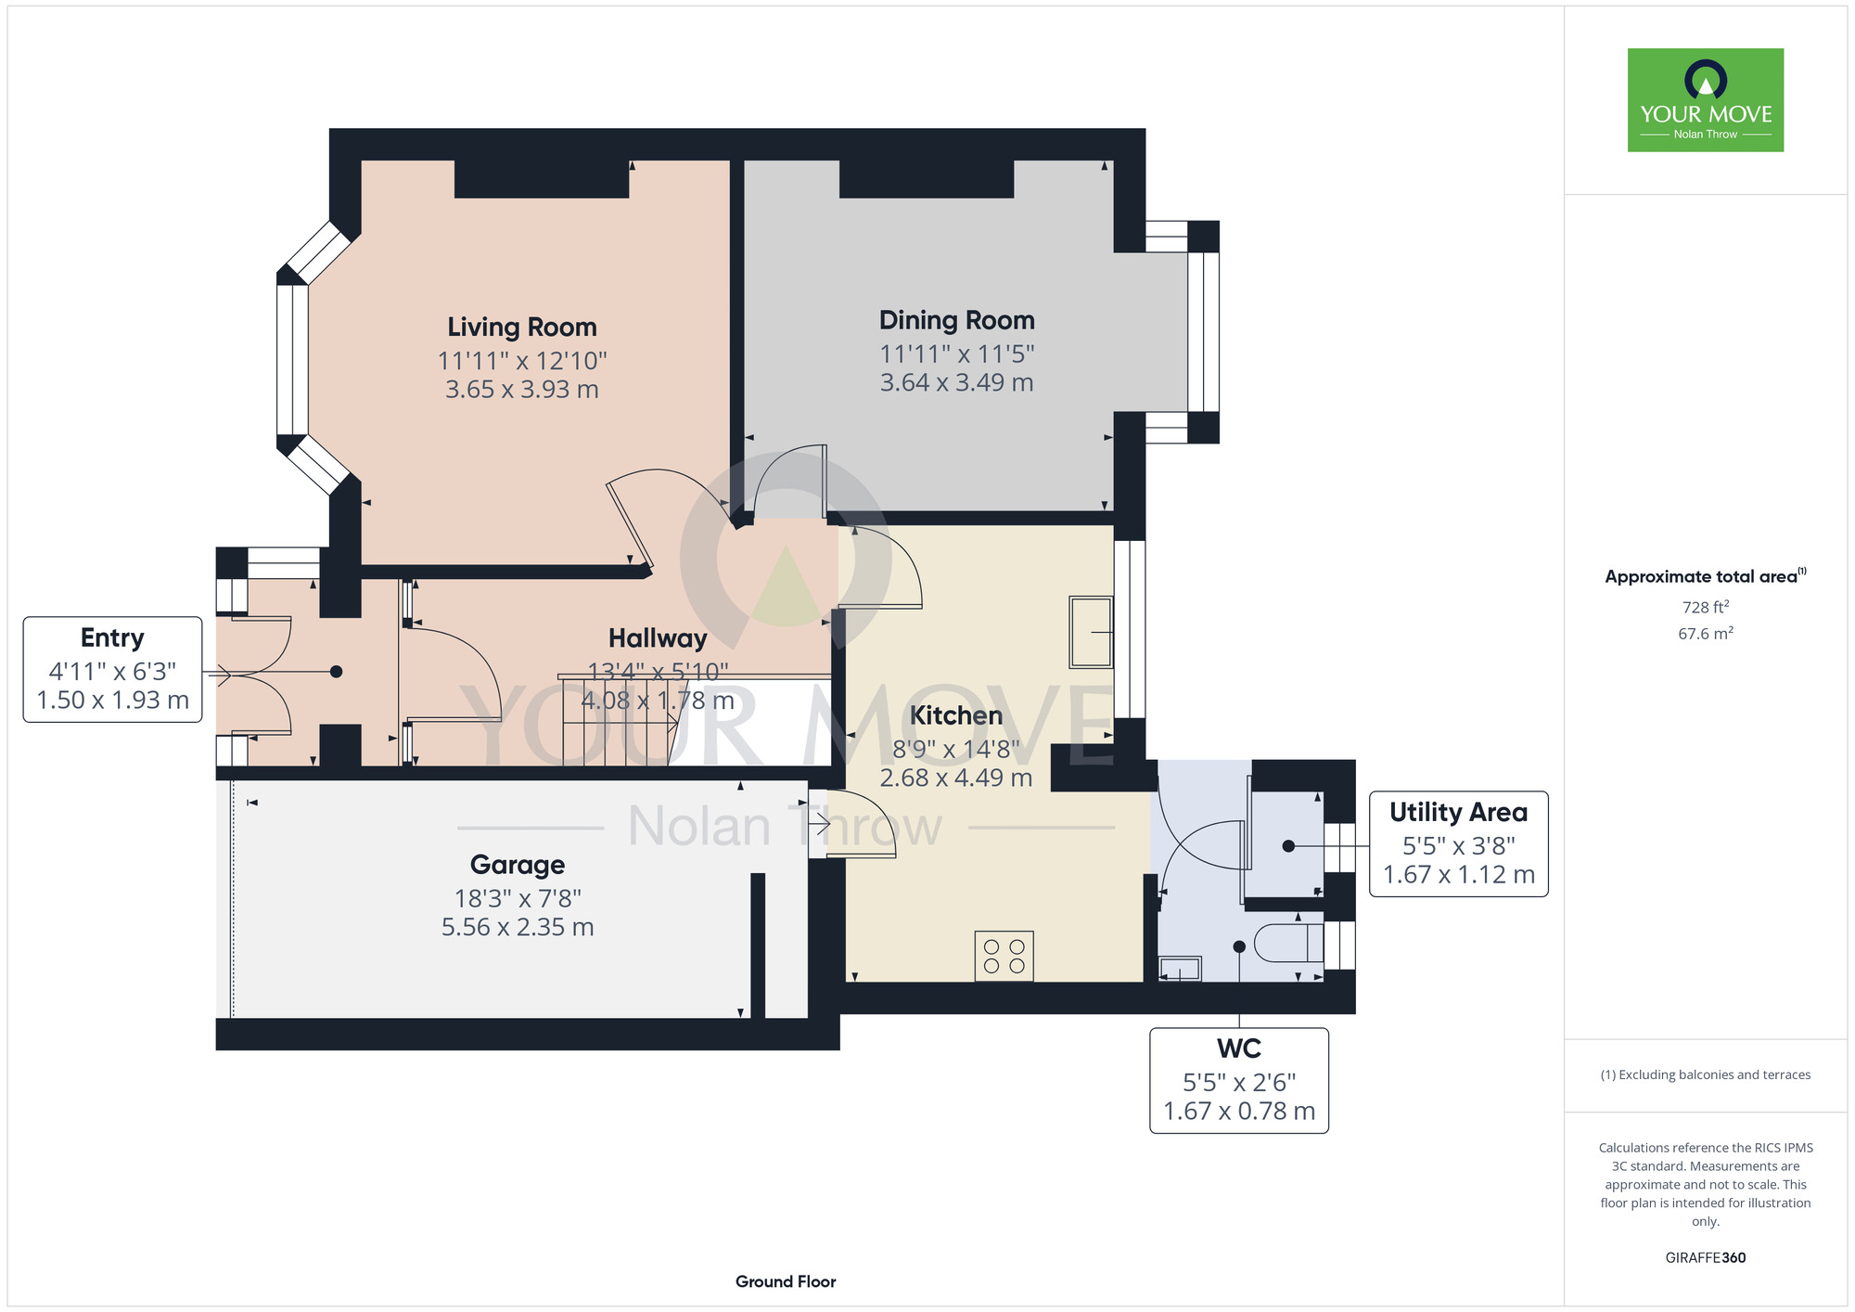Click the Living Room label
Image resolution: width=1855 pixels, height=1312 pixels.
pos(522,328)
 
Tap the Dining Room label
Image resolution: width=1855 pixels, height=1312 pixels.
pos(957,320)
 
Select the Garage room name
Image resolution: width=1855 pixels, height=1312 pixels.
pos(518,865)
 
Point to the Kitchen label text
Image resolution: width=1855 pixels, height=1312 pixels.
pos(956,715)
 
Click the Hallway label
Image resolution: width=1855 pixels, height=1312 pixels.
pos(658,638)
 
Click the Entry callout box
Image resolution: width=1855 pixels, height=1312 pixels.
pos(112,669)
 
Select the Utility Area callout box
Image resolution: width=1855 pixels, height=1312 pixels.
pos(1459,843)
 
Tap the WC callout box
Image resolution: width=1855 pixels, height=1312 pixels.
pos(1239,1080)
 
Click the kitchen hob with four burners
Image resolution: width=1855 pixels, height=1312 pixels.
pos(1004,956)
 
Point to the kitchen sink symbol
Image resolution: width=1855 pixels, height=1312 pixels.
pos(1091,632)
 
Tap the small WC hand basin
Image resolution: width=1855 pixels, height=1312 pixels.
pos(1180,969)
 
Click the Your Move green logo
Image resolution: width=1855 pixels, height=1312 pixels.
pos(1706,100)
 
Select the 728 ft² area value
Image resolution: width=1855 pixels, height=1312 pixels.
pos(1706,607)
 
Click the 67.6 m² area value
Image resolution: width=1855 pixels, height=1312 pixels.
pos(1706,634)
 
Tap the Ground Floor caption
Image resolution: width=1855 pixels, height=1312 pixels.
pos(786,1281)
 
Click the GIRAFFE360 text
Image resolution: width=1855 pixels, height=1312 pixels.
pos(1706,1258)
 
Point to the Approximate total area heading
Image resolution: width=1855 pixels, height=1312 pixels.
pos(1706,576)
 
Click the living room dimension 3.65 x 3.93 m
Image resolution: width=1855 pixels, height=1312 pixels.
pos(522,389)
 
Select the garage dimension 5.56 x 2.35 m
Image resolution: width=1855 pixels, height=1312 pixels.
pos(518,927)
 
